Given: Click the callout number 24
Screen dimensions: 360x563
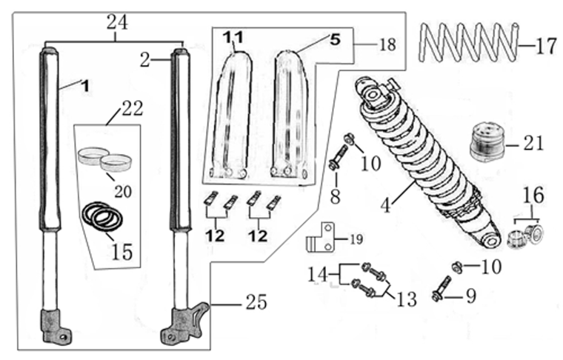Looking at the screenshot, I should [x=117, y=23].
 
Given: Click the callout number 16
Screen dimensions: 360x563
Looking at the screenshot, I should [x=533, y=196].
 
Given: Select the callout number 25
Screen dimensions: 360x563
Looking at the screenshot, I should [x=255, y=303].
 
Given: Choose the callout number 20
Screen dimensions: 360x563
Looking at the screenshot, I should [x=122, y=190].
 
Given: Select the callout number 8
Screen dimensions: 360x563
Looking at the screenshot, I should [x=336, y=198].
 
